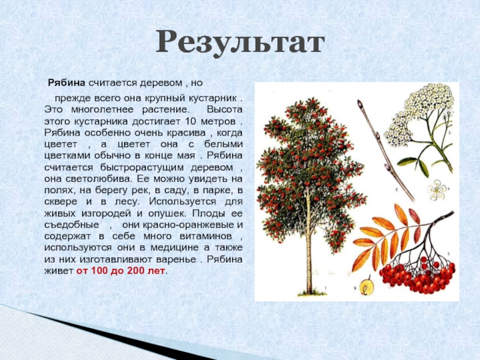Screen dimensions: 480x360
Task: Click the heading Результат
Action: point(241,43)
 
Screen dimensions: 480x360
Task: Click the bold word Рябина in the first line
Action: point(67,83)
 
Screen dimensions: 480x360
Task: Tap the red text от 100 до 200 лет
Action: point(121,271)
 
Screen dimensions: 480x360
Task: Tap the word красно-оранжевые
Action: point(178,225)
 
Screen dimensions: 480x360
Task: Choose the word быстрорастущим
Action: point(142,168)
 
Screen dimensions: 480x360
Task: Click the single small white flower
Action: point(437,190)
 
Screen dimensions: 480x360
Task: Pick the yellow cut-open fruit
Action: point(367,287)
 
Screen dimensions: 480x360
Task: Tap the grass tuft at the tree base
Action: point(312,293)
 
